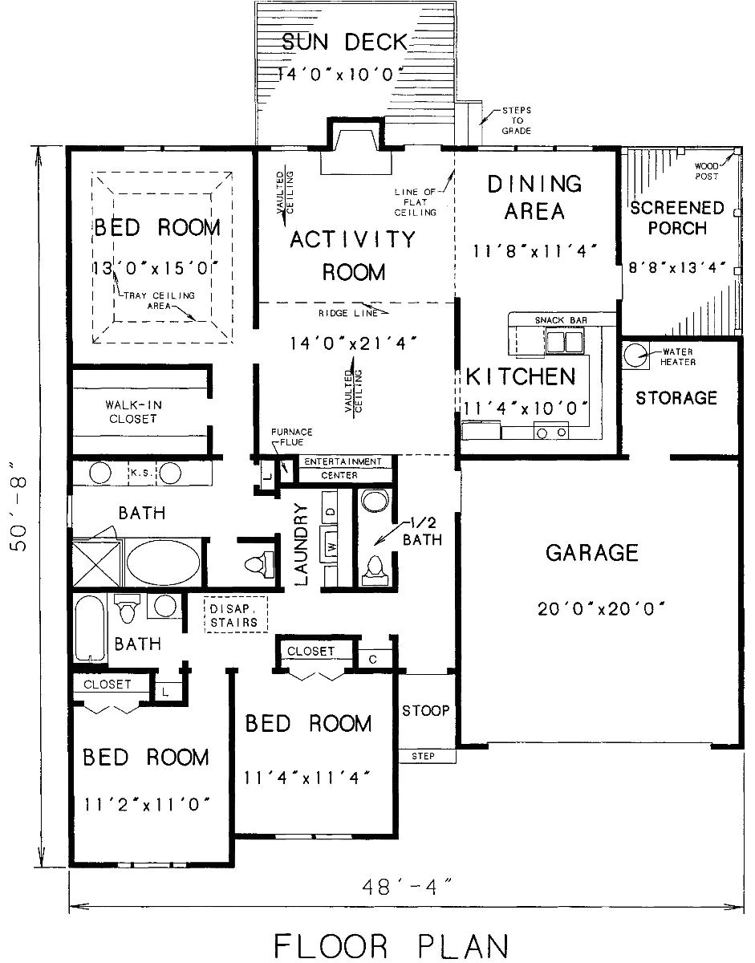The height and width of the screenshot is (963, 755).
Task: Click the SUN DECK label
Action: tap(345, 42)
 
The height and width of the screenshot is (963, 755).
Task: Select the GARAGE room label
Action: tap(592, 552)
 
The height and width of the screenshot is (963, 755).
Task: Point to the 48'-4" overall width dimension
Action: tap(407, 887)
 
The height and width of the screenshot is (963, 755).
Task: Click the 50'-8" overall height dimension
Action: tap(22, 506)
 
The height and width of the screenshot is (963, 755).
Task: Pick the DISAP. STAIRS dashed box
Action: tap(234, 615)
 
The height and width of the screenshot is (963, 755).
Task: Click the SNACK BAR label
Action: tap(561, 320)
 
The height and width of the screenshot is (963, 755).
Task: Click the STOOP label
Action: tap(425, 711)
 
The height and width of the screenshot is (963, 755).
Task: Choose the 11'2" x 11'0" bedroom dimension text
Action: tap(147, 803)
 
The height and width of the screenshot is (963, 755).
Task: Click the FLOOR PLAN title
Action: tap(391, 945)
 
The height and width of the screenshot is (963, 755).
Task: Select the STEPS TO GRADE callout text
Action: tap(517, 120)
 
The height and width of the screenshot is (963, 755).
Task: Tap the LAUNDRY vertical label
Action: tap(302, 543)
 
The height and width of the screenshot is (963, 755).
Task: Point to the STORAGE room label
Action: tap(676, 397)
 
